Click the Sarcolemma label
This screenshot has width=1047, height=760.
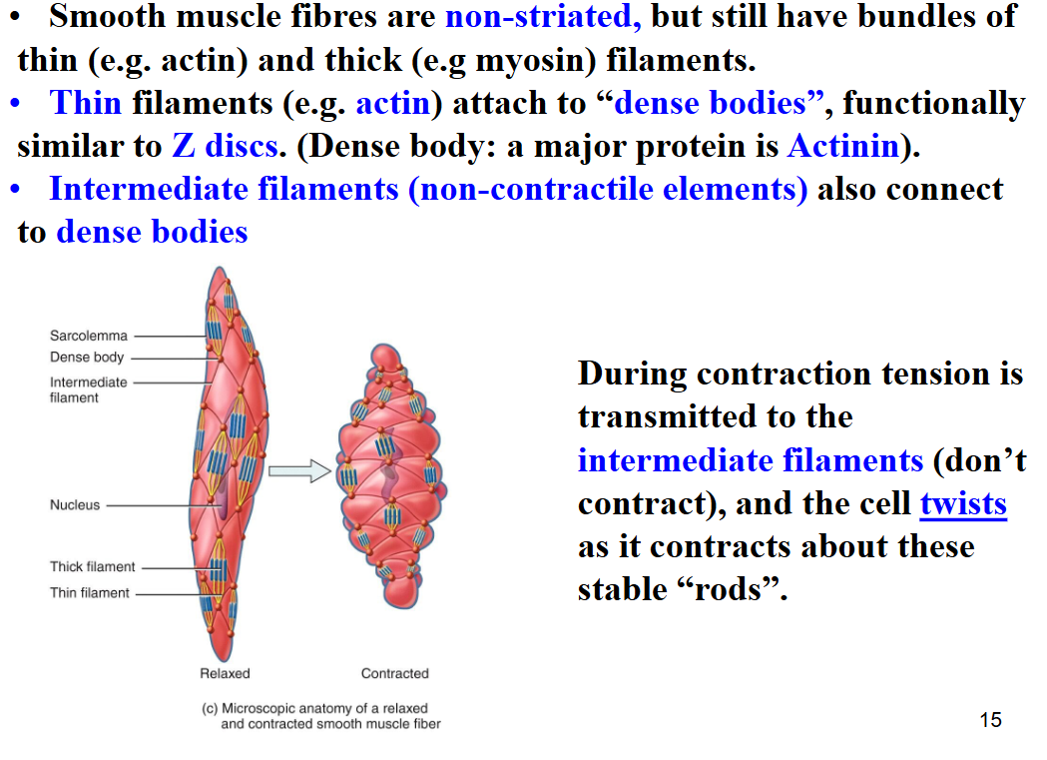(x=88, y=336)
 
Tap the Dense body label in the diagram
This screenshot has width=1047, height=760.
(x=87, y=358)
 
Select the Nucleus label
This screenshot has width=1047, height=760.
(x=75, y=505)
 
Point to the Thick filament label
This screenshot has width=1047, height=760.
(x=92, y=566)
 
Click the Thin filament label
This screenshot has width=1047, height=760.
(x=90, y=592)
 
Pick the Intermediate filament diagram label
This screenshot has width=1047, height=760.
(x=88, y=389)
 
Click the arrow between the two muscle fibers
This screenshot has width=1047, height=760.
(x=299, y=470)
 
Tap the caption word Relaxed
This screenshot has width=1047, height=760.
(x=225, y=673)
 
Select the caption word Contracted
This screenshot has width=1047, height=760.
(x=394, y=673)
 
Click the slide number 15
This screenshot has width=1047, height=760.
(x=991, y=719)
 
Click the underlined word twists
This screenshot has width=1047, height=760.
(x=963, y=503)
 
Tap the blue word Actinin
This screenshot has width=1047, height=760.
(x=843, y=146)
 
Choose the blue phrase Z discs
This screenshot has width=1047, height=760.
(x=225, y=146)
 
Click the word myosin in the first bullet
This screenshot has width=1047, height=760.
(x=531, y=61)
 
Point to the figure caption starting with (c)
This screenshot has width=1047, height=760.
(x=321, y=716)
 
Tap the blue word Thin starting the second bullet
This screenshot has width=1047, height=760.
(x=86, y=103)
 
